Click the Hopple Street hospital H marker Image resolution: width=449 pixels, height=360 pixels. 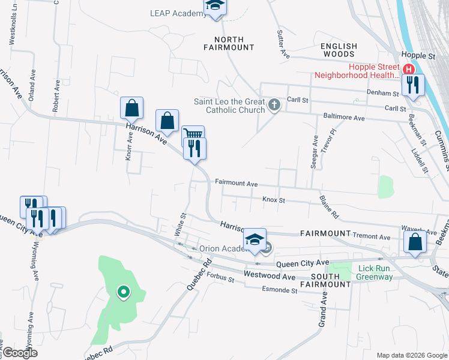click(409, 68)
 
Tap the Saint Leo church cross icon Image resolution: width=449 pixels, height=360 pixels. click(274, 106)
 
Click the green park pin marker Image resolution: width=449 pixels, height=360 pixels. click(123, 292)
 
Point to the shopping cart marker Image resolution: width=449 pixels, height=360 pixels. click(193, 136)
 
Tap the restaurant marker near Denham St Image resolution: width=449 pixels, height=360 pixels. click(413, 85)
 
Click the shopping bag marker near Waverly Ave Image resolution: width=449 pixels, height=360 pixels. click(415, 242)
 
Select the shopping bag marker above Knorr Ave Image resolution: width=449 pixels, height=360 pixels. click(132, 109)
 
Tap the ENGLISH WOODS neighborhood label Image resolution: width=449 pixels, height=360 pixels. click(339, 50)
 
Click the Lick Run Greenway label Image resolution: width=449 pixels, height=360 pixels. click(375, 272)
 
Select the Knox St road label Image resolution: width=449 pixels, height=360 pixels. click(273, 199)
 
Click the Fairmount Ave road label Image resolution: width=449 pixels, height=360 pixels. click(236, 183)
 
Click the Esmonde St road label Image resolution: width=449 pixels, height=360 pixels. click(280, 290)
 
